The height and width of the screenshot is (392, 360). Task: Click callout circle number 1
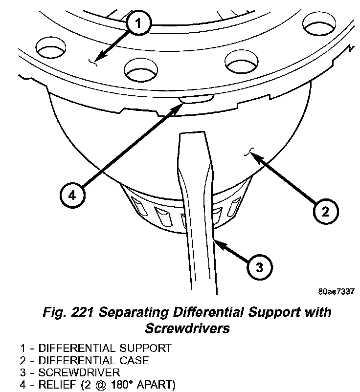tap(139, 23)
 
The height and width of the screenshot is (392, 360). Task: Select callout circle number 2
tap(325, 212)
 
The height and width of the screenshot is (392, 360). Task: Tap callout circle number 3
tap(260, 267)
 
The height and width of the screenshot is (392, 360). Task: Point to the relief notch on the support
tap(196, 100)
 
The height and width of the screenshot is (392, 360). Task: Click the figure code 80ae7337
tap(336, 292)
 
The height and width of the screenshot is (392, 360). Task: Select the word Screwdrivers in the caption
tap(187, 328)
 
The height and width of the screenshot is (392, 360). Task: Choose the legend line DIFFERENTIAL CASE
tap(85, 360)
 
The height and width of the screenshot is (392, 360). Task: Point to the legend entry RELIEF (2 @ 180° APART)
tap(96, 383)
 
